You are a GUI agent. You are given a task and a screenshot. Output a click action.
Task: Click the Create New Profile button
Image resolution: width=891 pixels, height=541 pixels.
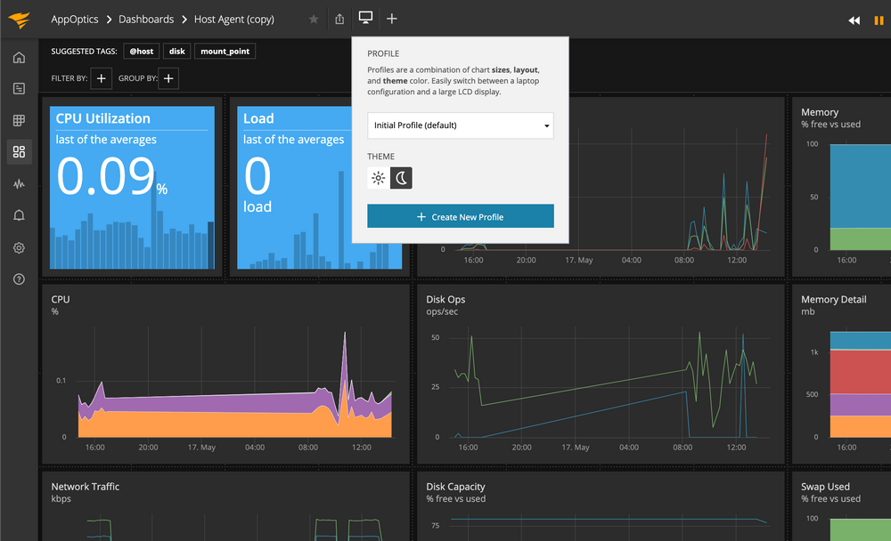pyautogui.click(x=460, y=216)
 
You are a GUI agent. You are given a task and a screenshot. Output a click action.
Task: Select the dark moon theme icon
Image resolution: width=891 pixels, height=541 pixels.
pyautogui.click(x=402, y=178)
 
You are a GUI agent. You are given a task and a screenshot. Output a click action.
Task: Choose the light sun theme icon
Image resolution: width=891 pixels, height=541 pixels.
pyautogui.click(x=379, y=178)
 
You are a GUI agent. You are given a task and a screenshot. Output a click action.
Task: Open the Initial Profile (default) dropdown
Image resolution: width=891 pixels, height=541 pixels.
pyautogui.click(x=460, y=125)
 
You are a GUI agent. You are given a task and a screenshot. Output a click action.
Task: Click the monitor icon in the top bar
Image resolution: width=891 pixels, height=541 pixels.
pyautogui.click(x=365, y=19)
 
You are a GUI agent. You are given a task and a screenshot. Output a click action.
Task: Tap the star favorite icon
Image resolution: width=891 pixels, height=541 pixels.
pyautogui.click(x=313, y=20)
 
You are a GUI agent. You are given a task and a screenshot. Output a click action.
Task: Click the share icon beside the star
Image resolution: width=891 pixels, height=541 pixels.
pyautogui.click(x=339, y=20)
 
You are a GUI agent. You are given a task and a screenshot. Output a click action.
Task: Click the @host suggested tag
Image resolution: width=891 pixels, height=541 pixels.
pyautogui.click(x=141, y=52)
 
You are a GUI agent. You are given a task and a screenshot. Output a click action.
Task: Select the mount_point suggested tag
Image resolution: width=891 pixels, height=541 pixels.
pyautogui.click(x=225, y=52)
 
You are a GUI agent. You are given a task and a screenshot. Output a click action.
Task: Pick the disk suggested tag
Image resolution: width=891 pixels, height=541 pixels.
pyautogui.click(x=176, y=52)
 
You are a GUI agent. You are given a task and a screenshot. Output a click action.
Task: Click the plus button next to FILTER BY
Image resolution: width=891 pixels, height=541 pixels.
pyautogui.click(x=102, y=78)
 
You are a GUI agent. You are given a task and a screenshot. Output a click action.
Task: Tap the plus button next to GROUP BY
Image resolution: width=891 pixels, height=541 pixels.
pyautogui.click(x=169, y=78)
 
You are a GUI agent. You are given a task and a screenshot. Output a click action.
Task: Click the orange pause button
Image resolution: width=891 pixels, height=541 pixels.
pyautogui.click(x=879, y=20)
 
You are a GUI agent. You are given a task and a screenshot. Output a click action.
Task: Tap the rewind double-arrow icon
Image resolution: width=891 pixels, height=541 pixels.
pyautogui.click(x=854, y=20)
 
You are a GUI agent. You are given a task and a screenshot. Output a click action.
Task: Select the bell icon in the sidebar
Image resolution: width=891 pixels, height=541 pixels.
pyautogui.click(x=19, y=215)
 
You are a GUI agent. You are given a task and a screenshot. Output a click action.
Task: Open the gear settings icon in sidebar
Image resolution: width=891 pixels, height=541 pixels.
pyautogui.click(x=19, y=247)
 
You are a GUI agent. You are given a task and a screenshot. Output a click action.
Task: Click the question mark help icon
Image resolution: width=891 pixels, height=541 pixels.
pyautogui.click(x=19, y=279)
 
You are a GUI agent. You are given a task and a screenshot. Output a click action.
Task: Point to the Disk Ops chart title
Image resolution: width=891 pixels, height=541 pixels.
pyautogui.click(x=445, y=300)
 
